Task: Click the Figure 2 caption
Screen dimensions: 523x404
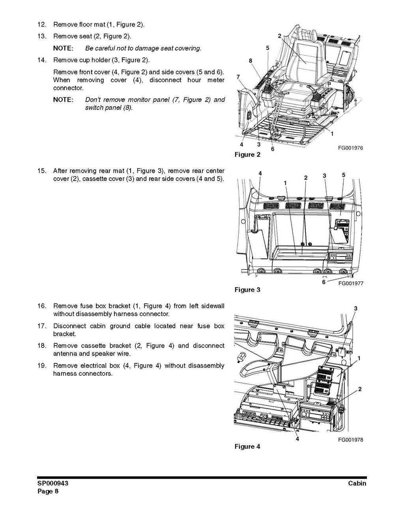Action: click(x=247, y=154)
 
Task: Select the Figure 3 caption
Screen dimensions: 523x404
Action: click(x=247, y=290)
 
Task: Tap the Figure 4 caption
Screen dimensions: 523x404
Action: click(x=247, y=446)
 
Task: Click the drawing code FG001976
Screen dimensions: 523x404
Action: click(x=350, y=148)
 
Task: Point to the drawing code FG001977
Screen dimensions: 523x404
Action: click(x=350, y=283)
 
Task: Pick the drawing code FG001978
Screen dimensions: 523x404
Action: click(x=350, y=439)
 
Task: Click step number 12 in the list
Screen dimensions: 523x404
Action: click(x=41, y=25)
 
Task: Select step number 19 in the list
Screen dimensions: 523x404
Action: click(x=41, y=365)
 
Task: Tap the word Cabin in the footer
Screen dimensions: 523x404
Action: click(x=357, y=483)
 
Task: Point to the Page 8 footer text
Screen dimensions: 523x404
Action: click(x=48, y=491)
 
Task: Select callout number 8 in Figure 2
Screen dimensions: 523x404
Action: click(x=250, y=60)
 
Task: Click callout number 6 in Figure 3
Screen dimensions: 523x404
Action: click(x=324, y=282)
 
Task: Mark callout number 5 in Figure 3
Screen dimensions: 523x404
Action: click(x=344, y=175)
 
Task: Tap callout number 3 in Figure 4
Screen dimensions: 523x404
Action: click(x=355, y=308)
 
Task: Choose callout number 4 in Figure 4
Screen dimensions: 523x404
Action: click(x=297, y=439)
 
